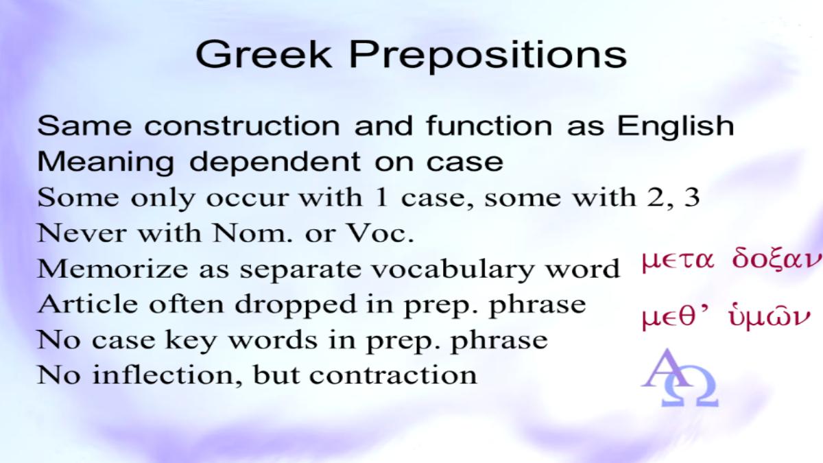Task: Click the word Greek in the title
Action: coord(263,54)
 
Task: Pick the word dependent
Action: coord(275,163)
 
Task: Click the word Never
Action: coord(82,233)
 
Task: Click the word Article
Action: coord(88,305)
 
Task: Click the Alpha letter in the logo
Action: coord(666,368)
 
